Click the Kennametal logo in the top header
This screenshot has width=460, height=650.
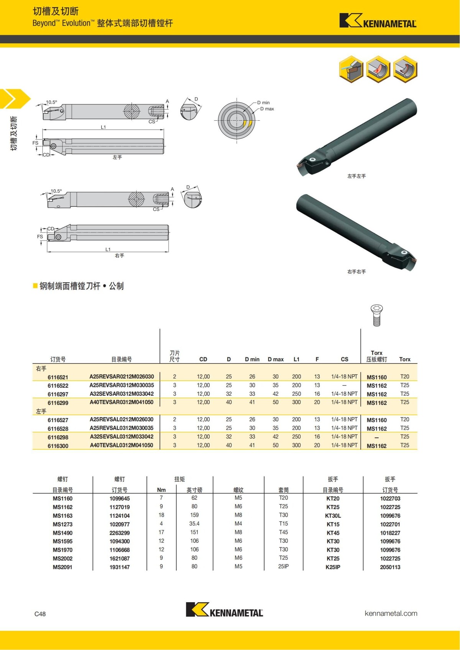pyautogui.click(x=378, y=21)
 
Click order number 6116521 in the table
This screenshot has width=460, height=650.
pyautogui.click(x=58, y=377)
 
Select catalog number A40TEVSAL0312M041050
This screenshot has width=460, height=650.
pyautogui.click(x=122, y=445)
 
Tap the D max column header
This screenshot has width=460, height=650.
pyautogui.click(x=276, y=359)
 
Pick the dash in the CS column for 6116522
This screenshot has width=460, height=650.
pyautogui.click(x=344, y=385)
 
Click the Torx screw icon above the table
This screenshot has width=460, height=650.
pyautogui.click(x=376, y=315)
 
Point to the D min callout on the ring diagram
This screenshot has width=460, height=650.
pyautogui.click(x=263, y=103)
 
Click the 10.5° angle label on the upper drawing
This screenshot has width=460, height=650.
pyautogui.click(x=51, y=102)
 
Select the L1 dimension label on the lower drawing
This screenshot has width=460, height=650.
pyautogui.click(x=108, y=249)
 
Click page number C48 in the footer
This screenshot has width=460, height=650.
pyautogui.click(x=40, y=614)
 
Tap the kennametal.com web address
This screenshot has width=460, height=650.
pyautogui.click(x=391, y=613)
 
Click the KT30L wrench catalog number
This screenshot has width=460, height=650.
pyautogui.click(x=333, y=516)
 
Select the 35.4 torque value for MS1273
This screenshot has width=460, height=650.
pyautogui.click(x=194, y=524)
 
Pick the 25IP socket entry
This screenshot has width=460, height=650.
pyautogui.click(x=283, y=566)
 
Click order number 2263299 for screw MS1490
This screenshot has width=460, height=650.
pyautogui.click(x=120, y=533)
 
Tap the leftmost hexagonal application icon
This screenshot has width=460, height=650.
pyautogui.click(x=351, y=69)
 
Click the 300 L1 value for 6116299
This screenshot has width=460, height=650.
pyautogui.click(x=296, y=402)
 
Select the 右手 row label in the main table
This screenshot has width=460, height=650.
pyautogui.click(x=41, y=368)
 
